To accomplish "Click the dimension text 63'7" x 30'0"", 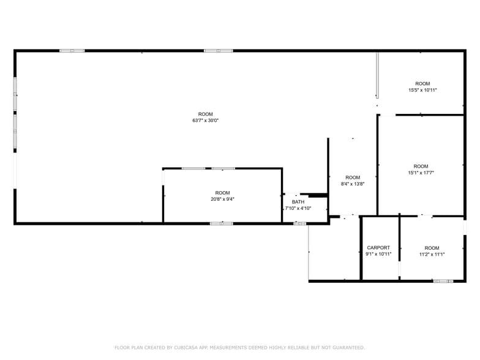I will (x=205, y=121).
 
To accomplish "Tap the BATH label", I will (x=298, y=201).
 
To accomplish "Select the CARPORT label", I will (x=378, y=247).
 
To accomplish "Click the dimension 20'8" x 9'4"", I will (x=222, y=199).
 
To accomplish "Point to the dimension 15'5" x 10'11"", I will (x=422, y=90).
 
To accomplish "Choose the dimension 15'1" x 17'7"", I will (x=421, y=173).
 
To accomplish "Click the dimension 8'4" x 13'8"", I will (x=353, y=184).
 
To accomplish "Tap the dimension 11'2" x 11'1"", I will (x=432, y=254).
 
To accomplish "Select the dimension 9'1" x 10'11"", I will (x=378, y=254).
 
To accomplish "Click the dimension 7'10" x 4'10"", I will (x=298, y=208).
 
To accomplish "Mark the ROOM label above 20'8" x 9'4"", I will (x=222, y=192).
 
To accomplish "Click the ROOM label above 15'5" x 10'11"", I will (x=422, y=83).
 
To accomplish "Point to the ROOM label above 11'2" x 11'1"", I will (x=432, y=247).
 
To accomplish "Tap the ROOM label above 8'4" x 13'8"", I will (x=353, y=177).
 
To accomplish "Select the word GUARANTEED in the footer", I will (x=345, y=348).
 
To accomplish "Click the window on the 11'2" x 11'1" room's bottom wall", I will (x=442, y=281).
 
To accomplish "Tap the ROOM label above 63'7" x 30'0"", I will (x=205, y=114).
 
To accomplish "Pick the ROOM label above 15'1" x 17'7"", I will (x=421, y=166).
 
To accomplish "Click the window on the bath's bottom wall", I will (x=299, y=223).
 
